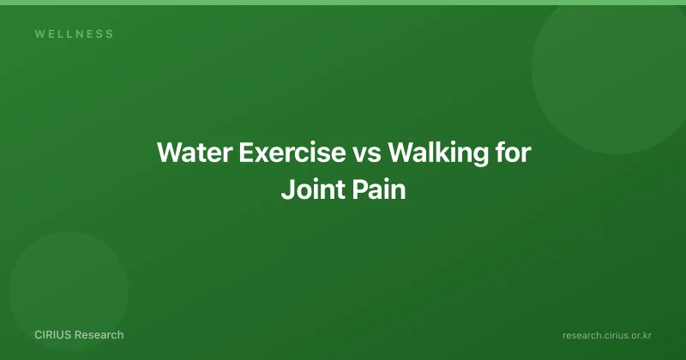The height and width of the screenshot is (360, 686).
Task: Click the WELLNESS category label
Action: (74, 33)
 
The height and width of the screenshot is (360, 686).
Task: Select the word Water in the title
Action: (195, 153)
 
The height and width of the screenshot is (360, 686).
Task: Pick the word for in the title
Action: (513, 153)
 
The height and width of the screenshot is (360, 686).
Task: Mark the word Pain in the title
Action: (379, 189)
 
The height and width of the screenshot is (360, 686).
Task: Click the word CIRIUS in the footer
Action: (53, 334)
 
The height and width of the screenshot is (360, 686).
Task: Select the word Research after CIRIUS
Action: (99, 334)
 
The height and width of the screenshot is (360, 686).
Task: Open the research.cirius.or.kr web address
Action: (607, 335)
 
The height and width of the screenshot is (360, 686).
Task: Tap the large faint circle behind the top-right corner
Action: (613, 75)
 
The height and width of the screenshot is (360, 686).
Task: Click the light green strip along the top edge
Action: (343, 3)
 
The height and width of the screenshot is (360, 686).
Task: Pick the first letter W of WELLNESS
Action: (39, 33)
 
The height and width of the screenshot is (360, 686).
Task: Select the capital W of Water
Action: (169, 153)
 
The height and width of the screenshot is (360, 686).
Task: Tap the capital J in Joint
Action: (287, 189)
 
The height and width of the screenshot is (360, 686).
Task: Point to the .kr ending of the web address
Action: (645, 335)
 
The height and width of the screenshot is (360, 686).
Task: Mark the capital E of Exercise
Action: (246, 153)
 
